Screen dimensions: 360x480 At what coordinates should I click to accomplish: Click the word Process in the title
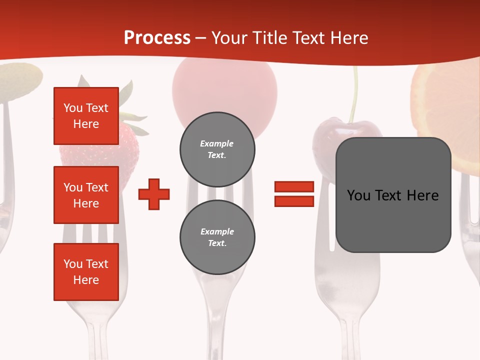tap(157, 38)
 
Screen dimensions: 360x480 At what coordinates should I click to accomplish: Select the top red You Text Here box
tap(86, 116)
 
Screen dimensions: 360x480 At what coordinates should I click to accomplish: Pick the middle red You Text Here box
tap(86, 195)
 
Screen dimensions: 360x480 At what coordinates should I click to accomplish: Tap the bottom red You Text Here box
tap(86, 271)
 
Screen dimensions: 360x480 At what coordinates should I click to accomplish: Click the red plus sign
tap(154, 194)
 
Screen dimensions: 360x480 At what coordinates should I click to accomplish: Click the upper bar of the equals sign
tap(294, 186)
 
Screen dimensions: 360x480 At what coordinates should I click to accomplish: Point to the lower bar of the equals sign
tap(294, 201)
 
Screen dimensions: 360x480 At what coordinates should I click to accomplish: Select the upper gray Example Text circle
tap(217, 149)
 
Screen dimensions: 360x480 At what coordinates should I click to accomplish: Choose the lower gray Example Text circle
tap(217, 237)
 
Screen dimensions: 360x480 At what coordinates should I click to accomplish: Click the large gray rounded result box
tap(393, 194)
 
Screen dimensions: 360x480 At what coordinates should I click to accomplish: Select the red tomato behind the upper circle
tap(225, 90)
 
